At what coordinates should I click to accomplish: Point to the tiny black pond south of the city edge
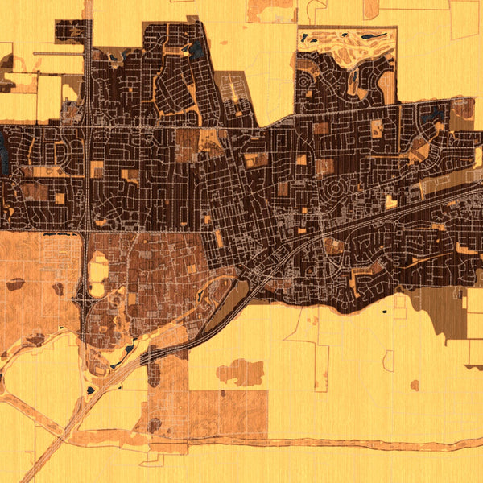click(x=383, y=310)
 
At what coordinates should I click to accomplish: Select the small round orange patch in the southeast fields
click(x=414, y=386)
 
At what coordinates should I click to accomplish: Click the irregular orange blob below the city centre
click(x=241, y=372)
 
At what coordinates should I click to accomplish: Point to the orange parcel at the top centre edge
click(x=270, y=10)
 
